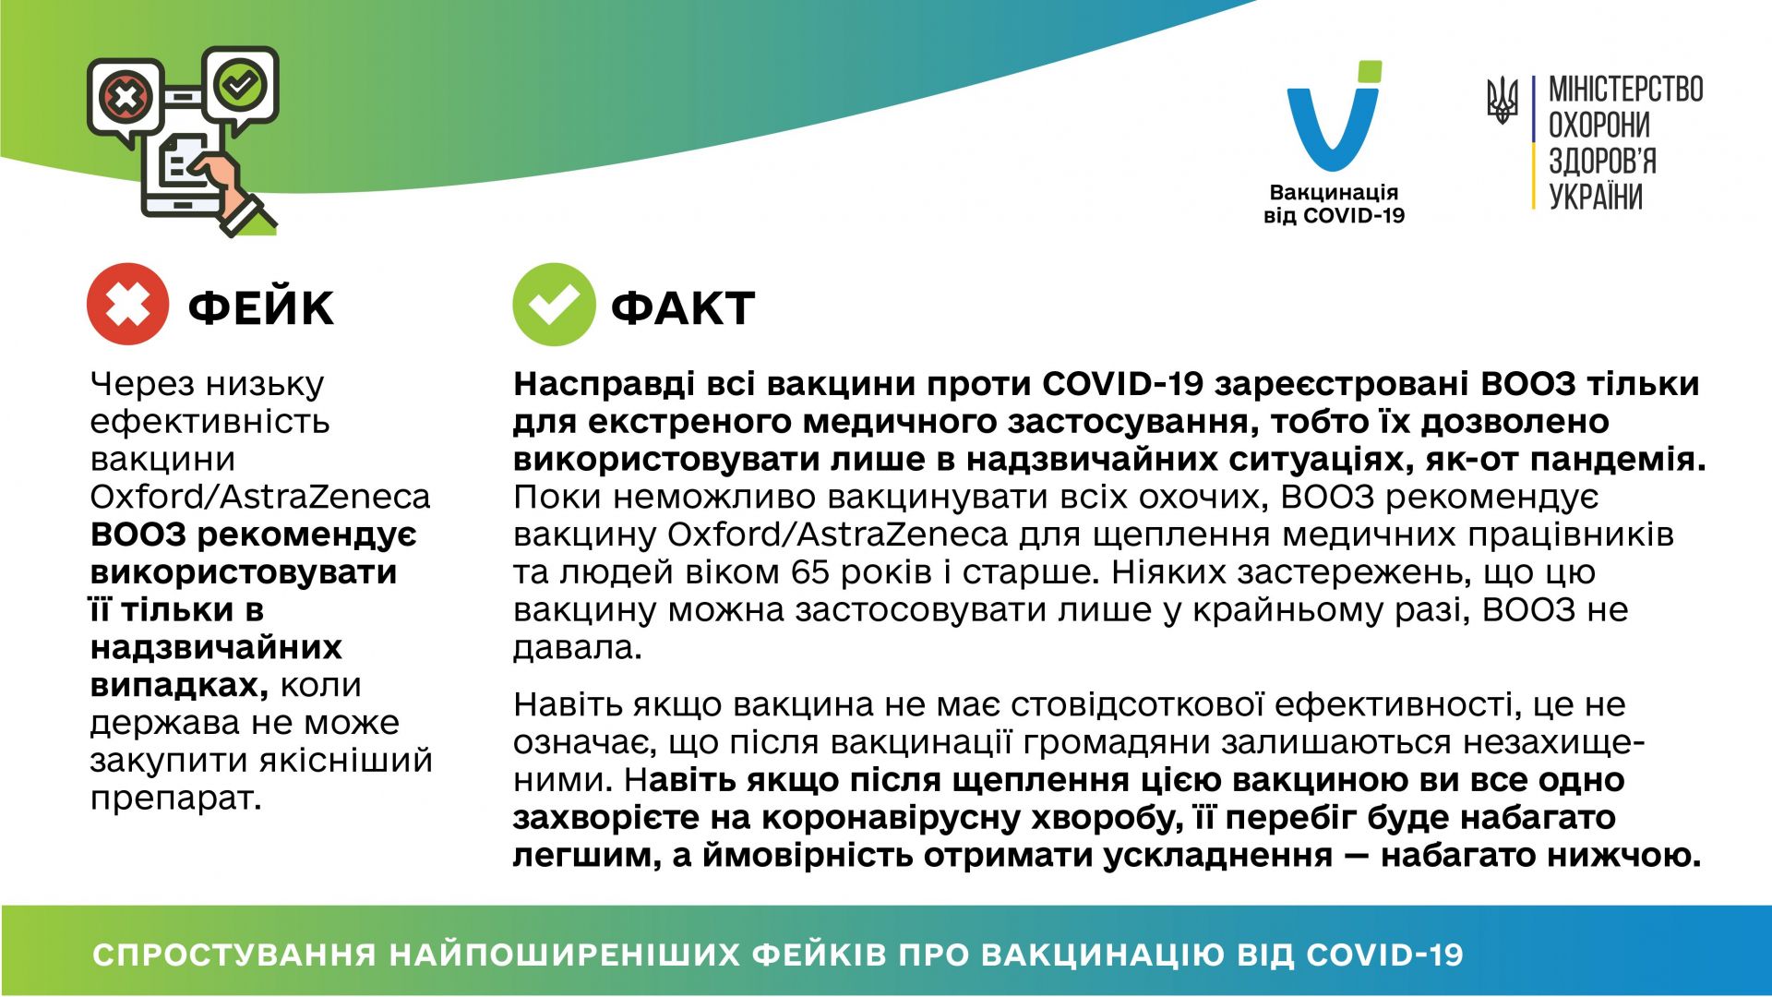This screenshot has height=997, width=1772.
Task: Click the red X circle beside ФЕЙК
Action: (x=127, y=305)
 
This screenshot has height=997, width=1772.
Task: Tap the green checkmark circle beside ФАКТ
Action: (x=554, y=305)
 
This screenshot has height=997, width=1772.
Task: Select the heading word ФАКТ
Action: (x=683, y=307)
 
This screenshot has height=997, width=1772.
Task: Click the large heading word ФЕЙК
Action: (x=260, y=307)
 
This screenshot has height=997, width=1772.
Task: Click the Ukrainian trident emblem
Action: (x=1503, y=101)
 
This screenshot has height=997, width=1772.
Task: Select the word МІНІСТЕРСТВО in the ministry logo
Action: (x=1625, y=90)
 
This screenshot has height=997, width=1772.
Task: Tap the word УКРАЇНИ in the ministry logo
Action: (x=1595, y=197)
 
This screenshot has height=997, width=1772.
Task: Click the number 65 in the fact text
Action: (x=810, y=573)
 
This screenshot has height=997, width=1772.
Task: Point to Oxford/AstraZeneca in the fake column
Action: (x=260, y=498)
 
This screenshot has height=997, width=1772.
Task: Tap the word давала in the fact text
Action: (x=577, y=648)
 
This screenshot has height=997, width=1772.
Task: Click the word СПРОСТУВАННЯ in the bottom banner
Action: (x=234, y=955)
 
